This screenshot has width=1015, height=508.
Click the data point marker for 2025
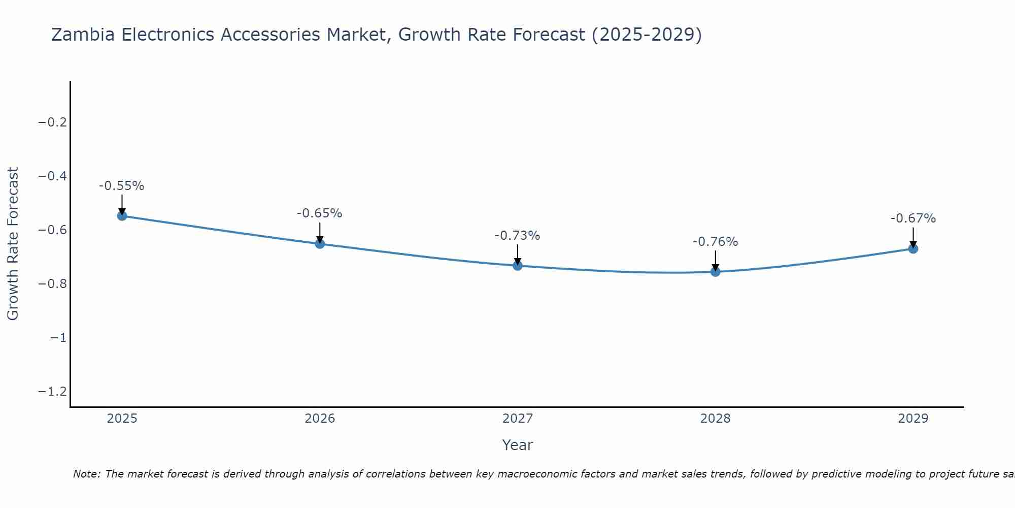122,216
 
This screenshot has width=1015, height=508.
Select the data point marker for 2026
320,244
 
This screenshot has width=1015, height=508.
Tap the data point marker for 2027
518,265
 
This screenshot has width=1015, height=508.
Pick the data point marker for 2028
716,272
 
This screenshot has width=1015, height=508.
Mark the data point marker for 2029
913,248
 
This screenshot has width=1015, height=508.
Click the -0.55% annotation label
122,186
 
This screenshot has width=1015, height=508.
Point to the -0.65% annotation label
320,213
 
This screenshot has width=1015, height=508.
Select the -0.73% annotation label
518,236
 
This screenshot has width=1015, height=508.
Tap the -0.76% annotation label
716,242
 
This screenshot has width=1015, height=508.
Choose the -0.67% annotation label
913,218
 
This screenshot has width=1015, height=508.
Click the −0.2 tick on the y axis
52,122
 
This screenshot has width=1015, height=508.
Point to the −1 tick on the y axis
58,338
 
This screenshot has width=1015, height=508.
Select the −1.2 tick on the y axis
52,392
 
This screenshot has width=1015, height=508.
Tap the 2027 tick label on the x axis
518,419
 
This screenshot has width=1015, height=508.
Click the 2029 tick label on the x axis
913,419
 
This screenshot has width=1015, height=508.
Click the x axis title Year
518,445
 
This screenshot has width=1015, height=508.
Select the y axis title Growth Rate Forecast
13,244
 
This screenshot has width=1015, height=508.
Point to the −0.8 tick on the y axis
52,284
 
